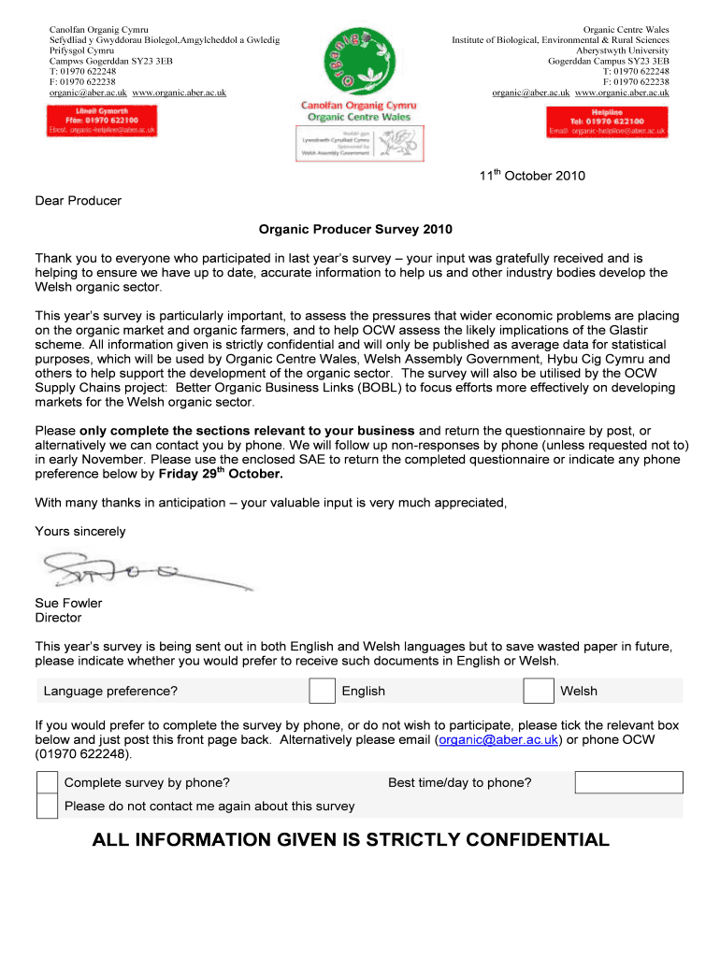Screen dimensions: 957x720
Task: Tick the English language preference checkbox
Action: (x=323, y=691)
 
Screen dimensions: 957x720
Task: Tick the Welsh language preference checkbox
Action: (x=538, y=691)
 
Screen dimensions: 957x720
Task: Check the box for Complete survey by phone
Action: (x=47, y=782)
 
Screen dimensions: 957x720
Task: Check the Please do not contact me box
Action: (x=47, y=806)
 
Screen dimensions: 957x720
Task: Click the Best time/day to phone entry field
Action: (x=628, y=782)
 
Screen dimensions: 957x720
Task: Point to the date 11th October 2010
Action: (x=532, y=176)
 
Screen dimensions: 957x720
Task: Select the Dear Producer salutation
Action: (x=79, y=200)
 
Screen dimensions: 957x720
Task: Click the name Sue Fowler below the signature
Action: (x=69, y=603)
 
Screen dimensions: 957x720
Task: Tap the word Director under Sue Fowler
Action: (x=58, y=618)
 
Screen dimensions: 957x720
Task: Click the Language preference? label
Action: (x=111, y=691)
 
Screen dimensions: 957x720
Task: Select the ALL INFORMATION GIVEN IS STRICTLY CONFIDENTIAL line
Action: (x=351, y=840)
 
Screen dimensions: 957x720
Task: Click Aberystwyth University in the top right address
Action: (x=617, y=50)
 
